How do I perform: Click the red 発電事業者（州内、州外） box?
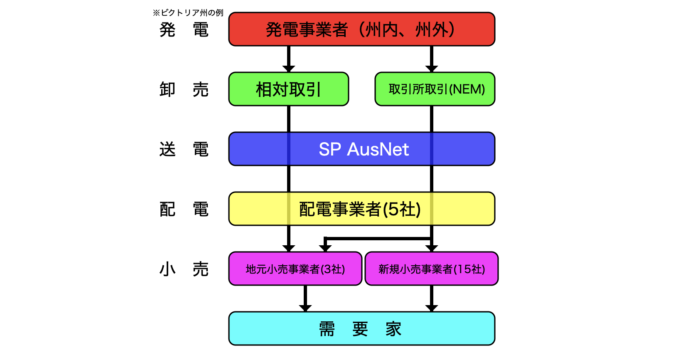(x=361, y=29)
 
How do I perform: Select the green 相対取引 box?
(x=288, y=89)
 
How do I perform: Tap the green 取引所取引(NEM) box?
(x=435, y=89)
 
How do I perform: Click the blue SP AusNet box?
(x=361, y=149)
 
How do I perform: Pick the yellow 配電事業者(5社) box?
(x=361, y=209)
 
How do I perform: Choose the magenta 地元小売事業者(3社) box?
(x=295, y=269)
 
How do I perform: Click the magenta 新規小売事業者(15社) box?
(x=431, y=269)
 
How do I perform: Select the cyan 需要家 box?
(x=361, y=328)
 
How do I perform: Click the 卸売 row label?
(x=184, y=89)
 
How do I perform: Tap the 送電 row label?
(x=184, y=149)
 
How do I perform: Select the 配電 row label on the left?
(x=184, y=209)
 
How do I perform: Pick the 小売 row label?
(x=184, y=269)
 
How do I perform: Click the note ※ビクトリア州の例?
(x=188, y=13)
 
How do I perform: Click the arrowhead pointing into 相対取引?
(x=288, y=69)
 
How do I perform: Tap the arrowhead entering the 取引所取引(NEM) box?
(x=432, y=69)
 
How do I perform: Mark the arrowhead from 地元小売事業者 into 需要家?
(x=305, y=308)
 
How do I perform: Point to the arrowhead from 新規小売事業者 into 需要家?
(x=432, y=308)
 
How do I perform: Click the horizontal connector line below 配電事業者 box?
(x=378, y=239)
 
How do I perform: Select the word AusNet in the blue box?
(x=378, y=149)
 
